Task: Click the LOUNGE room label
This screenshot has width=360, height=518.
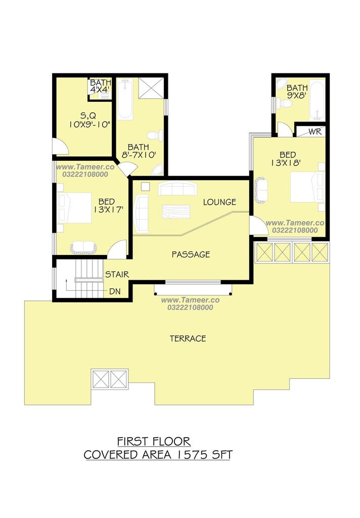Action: [x=219, y=202]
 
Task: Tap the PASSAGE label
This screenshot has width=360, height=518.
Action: [x=191, y=254]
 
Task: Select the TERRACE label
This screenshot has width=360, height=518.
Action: [x=188, y=338]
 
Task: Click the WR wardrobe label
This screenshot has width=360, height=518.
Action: [x=315, y=132]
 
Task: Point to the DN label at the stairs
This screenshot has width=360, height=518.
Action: [x=115, y=291]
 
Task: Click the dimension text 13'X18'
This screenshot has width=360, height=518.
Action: [x=286, y=162]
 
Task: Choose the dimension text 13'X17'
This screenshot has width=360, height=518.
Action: [x=108, y=209]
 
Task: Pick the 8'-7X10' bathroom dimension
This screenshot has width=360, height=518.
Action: [x=139, y=155]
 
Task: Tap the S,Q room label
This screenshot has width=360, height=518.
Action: [x=88, y=116]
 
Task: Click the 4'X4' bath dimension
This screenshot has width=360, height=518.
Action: [x=100, y=89]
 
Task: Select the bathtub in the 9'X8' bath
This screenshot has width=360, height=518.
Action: [x=317, y=101]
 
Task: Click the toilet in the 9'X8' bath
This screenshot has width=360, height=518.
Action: [x=284, y=104]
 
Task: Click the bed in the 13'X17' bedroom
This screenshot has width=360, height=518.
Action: [x=74, y=208]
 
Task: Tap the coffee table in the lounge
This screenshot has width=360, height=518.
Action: [x=176, y=212]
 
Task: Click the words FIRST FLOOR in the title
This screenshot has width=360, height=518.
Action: [x=154, y=441]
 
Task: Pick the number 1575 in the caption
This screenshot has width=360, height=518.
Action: [x=191, y=455]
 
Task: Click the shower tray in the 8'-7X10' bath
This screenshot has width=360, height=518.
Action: [x=151, y=88]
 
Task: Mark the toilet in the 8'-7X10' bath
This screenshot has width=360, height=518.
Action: [x=155, y=136]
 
